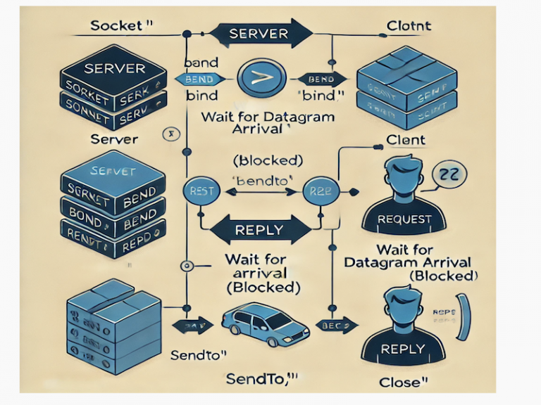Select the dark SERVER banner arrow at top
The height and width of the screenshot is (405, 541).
tap(260, 34)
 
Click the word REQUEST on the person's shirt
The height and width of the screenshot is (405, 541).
tap(404, 219)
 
